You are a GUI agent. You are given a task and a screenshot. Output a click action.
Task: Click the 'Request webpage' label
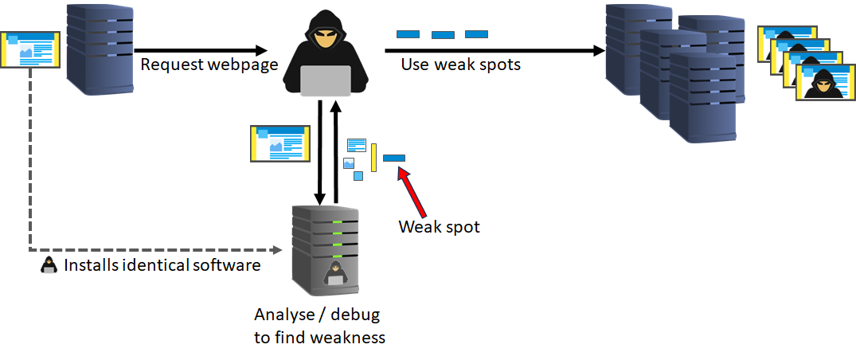(x=209, y=65)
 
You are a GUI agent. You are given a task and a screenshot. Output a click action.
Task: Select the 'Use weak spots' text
(x=460, y=65)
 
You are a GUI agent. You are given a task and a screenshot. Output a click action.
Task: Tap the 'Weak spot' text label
(x=440, y=227)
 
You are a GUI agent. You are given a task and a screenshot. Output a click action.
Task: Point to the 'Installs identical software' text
(x=162, y=265)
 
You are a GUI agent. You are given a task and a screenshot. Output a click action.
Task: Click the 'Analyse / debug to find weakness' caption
(x=319, y=326)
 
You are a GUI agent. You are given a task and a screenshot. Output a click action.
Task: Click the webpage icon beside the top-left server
(x=29, y=49)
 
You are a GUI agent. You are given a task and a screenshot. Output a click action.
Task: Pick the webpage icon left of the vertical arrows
(x=279, y=143)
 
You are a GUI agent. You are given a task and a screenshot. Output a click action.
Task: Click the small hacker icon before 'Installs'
(x=49, y=265)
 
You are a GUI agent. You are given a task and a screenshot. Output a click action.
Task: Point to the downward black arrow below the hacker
(x=320, y=151)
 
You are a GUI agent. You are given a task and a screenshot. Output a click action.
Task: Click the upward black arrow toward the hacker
(x=336, y=151)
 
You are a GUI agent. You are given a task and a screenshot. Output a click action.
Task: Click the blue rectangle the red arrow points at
(x=394, y=158)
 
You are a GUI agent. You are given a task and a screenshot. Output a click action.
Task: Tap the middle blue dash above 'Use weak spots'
(x=443, y=34)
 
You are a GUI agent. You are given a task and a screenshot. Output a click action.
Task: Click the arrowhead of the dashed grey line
(x=279, y=251)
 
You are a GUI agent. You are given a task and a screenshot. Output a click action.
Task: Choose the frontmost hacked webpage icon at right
(x=820, y=83)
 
